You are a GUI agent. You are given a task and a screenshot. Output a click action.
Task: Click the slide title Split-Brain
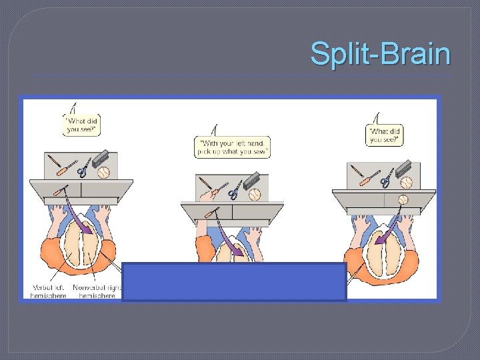click(380, 53)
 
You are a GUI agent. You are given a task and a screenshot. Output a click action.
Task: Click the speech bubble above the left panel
click(82, 124)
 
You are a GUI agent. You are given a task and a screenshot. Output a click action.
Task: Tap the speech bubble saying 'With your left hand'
click(232, 147)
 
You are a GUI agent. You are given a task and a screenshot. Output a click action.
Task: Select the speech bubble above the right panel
click(386, 135)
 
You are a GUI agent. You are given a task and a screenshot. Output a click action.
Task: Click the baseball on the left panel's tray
click(103, 172)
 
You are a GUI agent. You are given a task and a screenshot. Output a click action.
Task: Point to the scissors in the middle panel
click(235, 192)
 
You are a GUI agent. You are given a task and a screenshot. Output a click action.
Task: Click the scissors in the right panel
click(386, 178)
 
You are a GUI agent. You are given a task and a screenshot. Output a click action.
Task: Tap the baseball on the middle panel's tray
click(254, 195)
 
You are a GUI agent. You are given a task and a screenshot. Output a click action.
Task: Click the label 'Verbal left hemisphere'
click(48, 291)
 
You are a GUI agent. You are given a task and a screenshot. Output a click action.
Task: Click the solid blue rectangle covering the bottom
click(234, 282)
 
